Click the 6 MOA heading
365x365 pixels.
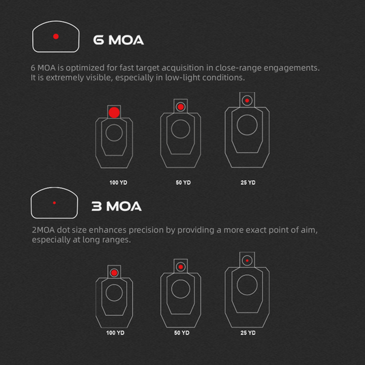[x=118, y=40]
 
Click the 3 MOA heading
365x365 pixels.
[x=117, y=206]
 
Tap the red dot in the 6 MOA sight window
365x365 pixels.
[x=56, y=36]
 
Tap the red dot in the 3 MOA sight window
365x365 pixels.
[x=54, y=203]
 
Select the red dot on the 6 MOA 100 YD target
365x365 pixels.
[x=114, y=113]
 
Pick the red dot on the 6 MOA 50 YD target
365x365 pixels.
[x=181, y=107]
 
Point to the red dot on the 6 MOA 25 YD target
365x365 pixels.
[x=247, y=100]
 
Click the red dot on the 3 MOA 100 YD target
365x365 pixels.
[x=114, y=273]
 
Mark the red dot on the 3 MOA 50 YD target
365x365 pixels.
[x=181, y=267]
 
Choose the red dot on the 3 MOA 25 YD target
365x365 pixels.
[x=247, y=261]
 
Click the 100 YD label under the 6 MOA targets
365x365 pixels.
[x=118, y=183]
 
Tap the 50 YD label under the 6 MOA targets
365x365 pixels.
[x=184, y=183]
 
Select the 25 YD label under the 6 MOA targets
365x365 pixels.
[x=248, y=183]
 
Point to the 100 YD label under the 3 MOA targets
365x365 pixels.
[x=115, y=333]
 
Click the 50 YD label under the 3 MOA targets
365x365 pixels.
[x=181, y=333]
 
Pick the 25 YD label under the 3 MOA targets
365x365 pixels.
[x=248, y=333]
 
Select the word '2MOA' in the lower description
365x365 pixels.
[x=43, y=230]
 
